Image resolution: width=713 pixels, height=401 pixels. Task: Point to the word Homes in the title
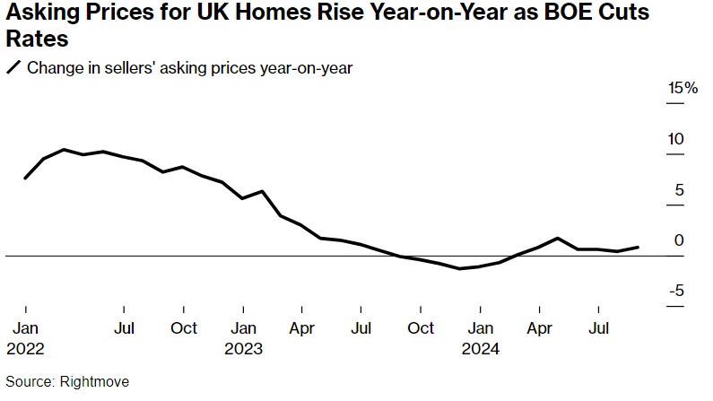click(x=249, y=14)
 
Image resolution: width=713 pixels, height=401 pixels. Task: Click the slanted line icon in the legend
click(x=13, y=68)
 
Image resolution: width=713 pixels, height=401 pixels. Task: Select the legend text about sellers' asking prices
click(x=189, y=68)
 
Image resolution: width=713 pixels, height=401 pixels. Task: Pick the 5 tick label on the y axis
click(x=679, y=189)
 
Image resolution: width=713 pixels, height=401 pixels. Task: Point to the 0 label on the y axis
click(x=679, y=240)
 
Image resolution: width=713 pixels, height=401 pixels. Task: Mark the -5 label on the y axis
click(x=676, y=290)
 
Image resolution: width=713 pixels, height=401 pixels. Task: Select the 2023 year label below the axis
click(x=243, y=347)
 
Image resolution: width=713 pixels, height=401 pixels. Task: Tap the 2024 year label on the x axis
click(x=481, y=347)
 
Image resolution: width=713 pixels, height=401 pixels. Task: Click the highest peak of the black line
click(x=64, y=150)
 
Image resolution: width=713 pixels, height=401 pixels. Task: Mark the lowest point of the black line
click(x=460, y=268)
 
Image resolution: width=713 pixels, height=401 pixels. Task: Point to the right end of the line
click(x=638, y=247)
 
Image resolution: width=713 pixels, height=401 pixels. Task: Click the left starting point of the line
click(x=24, y=178)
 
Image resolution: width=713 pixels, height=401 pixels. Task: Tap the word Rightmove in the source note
click(x=95, y=381)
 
